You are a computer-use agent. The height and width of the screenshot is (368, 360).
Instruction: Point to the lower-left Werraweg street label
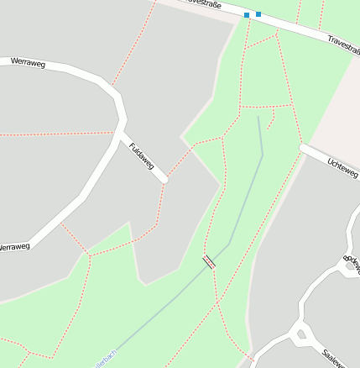click(x=14, y=247)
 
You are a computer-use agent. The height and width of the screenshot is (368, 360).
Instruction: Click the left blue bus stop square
click(x=247, y=15)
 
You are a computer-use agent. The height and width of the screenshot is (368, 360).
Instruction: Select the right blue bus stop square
click(x=258, y=14)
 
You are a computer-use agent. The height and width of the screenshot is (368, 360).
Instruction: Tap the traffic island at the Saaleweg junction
click(x=301, y=334)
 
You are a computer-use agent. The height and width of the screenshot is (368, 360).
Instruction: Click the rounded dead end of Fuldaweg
click(x=165, y=178)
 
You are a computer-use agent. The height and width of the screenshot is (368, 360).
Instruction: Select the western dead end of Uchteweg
click(x=304, y=148)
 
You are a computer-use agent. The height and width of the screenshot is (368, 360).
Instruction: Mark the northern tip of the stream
click(x=258, y=117)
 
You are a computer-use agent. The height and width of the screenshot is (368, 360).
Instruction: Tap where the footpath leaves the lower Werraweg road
click(x=61, y=223)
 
